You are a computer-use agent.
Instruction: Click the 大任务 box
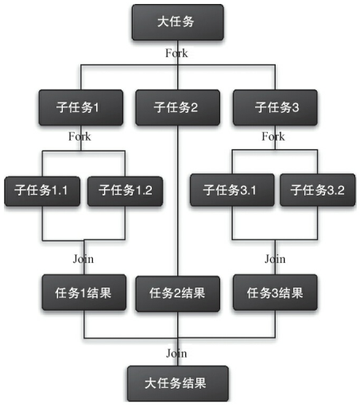point(177,21)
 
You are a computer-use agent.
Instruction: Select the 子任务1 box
point(79,107)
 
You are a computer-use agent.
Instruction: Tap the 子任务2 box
point(177,107)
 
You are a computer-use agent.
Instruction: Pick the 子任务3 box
point(274,107)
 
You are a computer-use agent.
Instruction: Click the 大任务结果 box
point(177,383)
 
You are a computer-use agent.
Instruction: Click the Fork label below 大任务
point(176,53)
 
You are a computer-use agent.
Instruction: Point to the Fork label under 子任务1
point(79,137)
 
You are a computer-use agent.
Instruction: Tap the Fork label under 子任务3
point(273,137)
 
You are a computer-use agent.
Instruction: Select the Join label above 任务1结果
point(83,258)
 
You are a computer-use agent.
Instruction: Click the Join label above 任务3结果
point(274,258)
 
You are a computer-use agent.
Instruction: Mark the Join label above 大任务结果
point(176,352)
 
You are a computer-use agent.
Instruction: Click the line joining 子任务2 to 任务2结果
point(177,199)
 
